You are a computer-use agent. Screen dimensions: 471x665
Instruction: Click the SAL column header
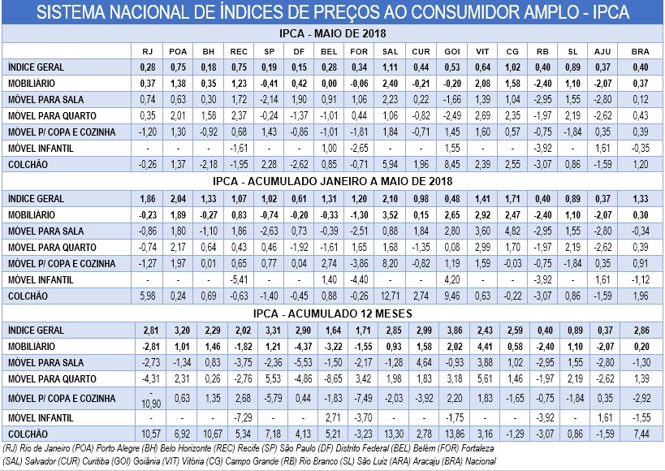[x=389, y=50]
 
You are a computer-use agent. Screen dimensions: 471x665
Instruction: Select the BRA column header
[x=639, y=50]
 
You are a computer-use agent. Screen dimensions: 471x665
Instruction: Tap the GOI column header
[x=452, y=50]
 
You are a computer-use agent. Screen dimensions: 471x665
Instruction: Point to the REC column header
[x=237, y=50]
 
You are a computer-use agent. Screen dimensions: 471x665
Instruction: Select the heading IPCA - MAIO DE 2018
[x=332, y=33]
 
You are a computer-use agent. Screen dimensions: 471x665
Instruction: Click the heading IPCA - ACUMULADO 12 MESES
[x=332, y=313]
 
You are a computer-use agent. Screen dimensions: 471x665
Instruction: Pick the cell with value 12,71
[x=390, y=296]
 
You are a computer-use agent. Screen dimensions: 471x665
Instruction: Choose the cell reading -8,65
[x=329, y=379]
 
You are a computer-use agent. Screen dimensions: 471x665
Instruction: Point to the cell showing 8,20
[x=390, y=263]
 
